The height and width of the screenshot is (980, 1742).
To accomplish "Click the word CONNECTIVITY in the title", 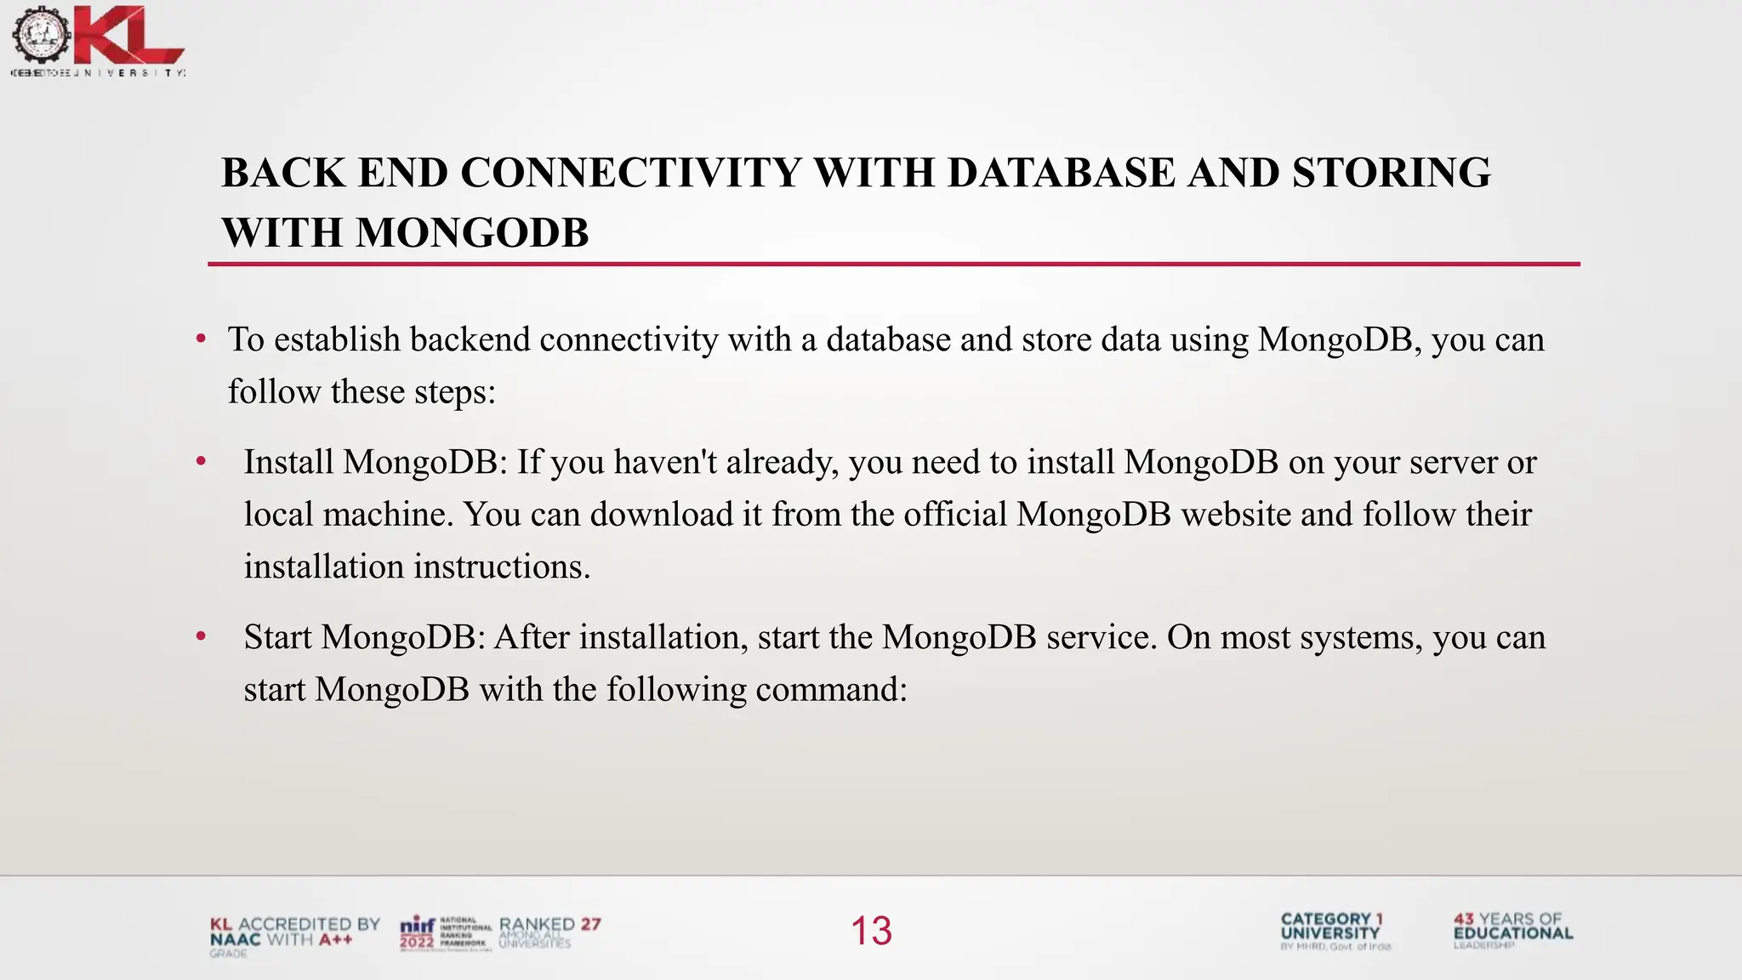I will click(630, 174).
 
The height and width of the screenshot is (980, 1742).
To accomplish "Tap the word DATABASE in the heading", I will click(1061, 174).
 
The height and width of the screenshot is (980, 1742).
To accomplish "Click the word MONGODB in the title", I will click(472, 234).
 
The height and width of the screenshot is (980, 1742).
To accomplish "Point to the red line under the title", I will click(893, 265).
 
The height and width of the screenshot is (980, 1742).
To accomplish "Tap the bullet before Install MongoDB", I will click(201, 463).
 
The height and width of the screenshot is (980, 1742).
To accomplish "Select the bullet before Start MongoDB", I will click(201, 637).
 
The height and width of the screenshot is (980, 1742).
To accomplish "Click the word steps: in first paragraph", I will click(454, 393).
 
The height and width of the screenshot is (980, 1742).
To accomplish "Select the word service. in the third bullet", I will click(1102, 638).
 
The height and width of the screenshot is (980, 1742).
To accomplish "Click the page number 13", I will click(871, 931).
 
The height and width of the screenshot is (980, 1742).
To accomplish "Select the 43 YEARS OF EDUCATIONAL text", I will click(1512, 928).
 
